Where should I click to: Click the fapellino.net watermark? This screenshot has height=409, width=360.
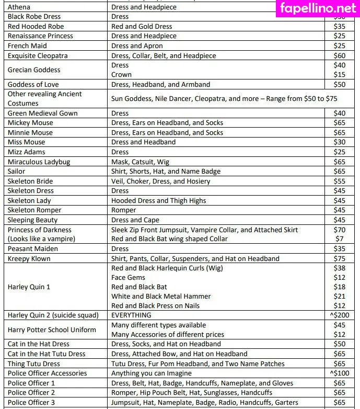318,8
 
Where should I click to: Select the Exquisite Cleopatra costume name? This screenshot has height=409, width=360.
38,55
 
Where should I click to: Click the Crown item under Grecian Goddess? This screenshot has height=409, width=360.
121,75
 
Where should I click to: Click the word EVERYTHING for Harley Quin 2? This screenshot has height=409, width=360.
131,315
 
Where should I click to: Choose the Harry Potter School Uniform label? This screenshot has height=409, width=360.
52,330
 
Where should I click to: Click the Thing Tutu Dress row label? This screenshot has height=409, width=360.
34,363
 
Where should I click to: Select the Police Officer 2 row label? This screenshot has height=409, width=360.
31,393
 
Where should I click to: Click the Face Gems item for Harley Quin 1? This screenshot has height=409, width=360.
129,278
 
